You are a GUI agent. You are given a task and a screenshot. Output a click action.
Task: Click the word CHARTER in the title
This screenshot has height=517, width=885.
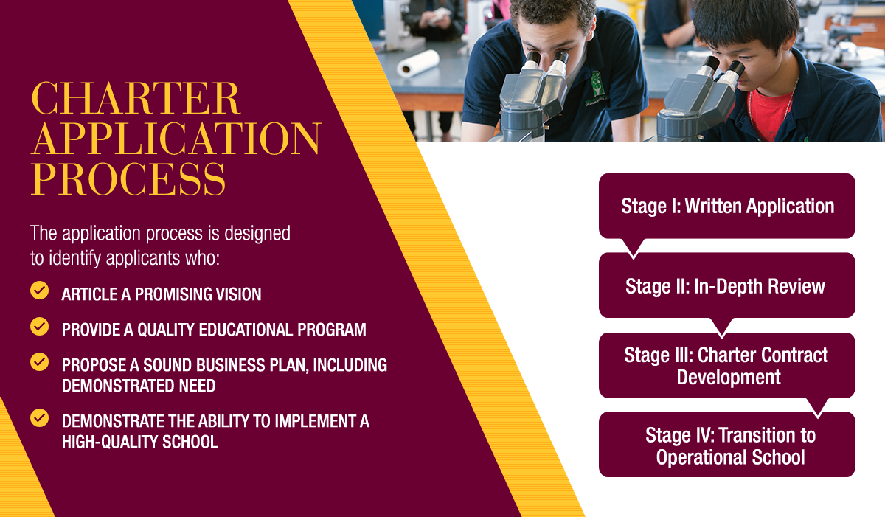tap(136, 98)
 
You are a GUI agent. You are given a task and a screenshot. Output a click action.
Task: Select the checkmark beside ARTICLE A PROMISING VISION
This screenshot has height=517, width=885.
tap(40, 291)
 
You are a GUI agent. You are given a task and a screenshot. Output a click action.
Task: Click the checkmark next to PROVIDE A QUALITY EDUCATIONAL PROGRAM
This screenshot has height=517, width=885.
tap(40, 326)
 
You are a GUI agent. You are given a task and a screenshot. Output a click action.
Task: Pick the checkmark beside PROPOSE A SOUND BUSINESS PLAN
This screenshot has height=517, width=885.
tap(40, 362)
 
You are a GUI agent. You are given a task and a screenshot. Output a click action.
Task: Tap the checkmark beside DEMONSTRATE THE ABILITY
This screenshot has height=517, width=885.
tap(40, 418)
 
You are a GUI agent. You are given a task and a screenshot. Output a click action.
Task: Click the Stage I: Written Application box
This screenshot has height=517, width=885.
tap(727, 206)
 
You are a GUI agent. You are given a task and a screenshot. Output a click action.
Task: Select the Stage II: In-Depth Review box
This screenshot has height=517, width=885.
tap(727, 285)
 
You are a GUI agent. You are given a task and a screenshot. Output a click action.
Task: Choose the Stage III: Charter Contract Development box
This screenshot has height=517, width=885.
tap(727, 365)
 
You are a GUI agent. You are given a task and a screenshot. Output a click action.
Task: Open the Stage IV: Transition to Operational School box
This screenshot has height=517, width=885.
tap(727, 445)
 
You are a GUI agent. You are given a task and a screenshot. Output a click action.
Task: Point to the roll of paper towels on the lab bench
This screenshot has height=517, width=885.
tap(417, 63)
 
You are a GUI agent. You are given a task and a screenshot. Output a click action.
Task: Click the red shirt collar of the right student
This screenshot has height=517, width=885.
tap(768, 113)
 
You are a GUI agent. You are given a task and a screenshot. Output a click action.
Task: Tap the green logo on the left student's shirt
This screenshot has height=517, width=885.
tap(597, 85)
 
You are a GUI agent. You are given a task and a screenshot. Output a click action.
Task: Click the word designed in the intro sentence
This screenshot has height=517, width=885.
tap(257, 233)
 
